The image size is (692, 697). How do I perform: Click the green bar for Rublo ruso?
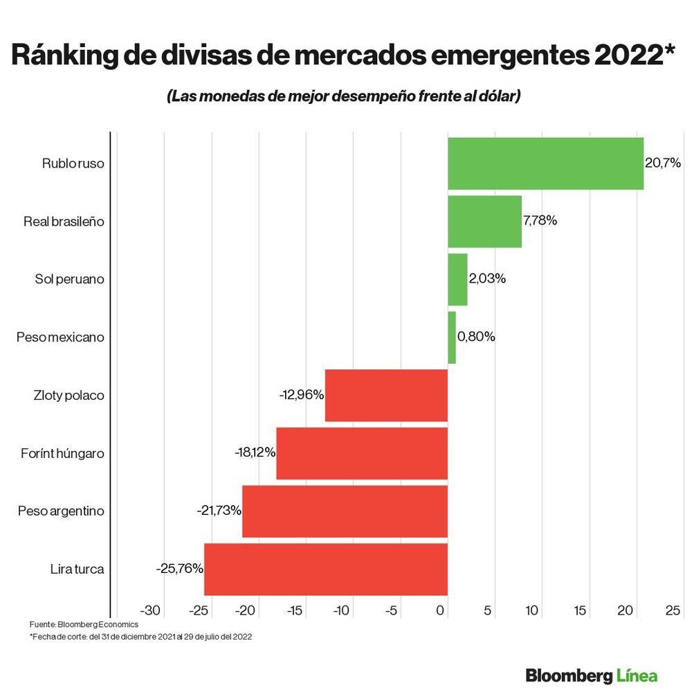(545, 164)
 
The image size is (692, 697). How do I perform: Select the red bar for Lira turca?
(325, 569)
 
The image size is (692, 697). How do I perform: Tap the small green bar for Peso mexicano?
(452, 337)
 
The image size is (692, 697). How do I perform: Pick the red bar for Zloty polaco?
(386, 395)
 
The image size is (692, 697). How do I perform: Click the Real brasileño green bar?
(484, 222)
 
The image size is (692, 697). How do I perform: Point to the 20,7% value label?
(663, 164)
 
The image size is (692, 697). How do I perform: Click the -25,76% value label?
(180, 569)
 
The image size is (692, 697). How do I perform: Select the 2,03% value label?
(487, 279)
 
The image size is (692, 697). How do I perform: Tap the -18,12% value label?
(255, 452)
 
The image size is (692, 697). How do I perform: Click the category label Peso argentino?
(61, 511)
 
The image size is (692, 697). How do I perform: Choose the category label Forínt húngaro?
(62, 453)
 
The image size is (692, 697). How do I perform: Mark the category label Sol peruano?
(69, 279)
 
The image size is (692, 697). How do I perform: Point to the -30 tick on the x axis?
(150, 610)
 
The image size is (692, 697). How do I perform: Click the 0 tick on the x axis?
(441, 610)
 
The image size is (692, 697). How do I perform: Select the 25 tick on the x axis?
(673, 610)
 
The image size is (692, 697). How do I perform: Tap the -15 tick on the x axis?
(295, 610)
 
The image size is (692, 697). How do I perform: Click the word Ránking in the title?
(68, 55)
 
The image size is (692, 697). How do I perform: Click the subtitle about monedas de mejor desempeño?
(343, 96)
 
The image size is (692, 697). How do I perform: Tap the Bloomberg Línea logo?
(592, 675)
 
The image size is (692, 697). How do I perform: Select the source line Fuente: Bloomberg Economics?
(84, 624)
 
